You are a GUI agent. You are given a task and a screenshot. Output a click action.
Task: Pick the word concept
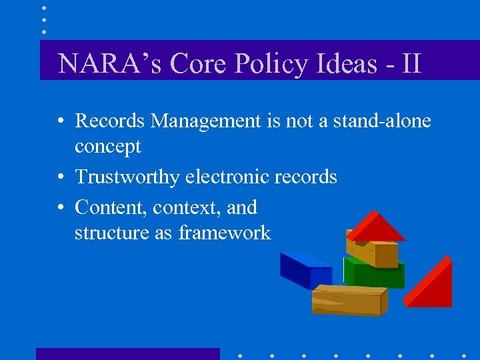tap(107, 146)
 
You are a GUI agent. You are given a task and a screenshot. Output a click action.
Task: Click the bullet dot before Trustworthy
tap(60, 177)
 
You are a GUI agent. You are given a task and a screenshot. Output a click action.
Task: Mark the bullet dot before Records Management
tap(60, 121)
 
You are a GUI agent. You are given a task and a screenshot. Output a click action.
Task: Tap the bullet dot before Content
tap(60, 208)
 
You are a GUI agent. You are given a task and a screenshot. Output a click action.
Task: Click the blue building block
tap(305, 270)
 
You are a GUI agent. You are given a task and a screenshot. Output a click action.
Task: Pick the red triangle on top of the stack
tap(375, 226)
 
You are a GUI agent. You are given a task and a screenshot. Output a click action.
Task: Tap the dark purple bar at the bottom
tap(127, 353)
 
